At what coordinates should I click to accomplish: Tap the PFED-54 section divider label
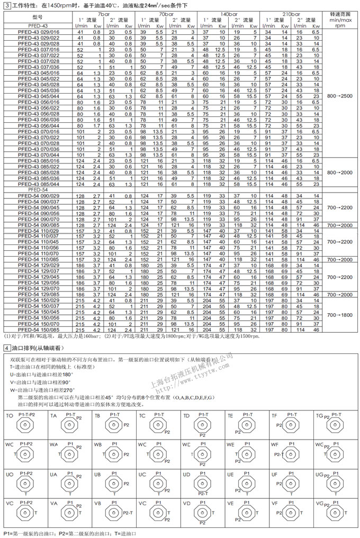(x=37, y=189)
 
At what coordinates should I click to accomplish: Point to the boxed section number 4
(x=6, y=348)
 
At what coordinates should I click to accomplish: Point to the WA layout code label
(x=53, y=445)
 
